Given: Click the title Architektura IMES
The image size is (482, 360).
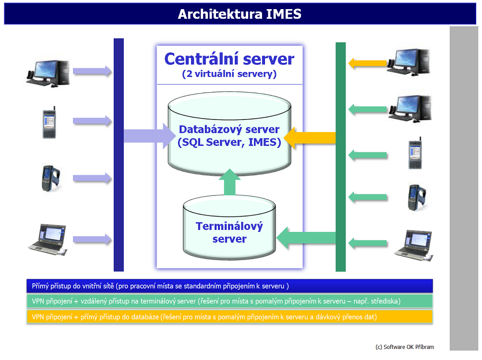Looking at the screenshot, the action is coord(240,14).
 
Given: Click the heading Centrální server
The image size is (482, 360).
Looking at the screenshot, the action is coord(229,59).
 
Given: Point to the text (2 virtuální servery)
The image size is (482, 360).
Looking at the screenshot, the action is coord(229,74).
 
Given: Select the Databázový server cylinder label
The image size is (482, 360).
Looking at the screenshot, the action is coord(229,135).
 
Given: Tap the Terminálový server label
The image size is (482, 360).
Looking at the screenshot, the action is coord(229,232).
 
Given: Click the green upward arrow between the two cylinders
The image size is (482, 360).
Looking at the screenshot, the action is coord(229,182).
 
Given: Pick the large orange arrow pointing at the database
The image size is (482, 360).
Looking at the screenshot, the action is coord(310,138).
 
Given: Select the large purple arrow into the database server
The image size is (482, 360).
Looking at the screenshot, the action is coord(150,136).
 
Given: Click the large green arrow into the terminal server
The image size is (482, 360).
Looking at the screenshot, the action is coord(306,238).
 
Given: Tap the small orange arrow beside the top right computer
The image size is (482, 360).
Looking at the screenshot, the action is coord(367,63).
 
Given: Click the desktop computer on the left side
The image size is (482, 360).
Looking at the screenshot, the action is coord(48,73).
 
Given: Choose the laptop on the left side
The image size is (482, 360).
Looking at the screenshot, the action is coord(48,240).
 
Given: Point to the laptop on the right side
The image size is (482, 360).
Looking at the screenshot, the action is coord(413,245).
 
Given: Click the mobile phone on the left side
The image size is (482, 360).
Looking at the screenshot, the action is coord(49,122).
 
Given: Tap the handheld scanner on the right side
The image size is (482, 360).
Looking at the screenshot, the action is coord(417,197).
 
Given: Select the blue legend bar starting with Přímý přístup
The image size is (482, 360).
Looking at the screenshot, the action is coord(229,286).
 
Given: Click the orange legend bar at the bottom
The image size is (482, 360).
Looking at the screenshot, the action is coord(229,317).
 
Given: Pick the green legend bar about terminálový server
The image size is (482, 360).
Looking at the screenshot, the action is coord(229,301).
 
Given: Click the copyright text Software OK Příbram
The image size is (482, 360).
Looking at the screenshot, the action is coord(405,347).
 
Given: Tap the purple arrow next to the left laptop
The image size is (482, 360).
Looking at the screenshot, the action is coord(92,239).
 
